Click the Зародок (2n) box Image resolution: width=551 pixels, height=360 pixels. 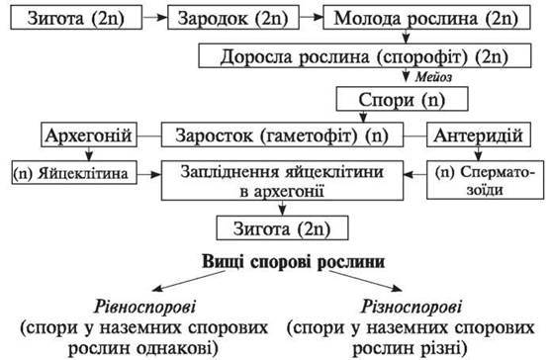pos(233,17)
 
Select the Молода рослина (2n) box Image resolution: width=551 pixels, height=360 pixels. pos(426,17)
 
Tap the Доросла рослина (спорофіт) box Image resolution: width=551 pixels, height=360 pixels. pos(365,55)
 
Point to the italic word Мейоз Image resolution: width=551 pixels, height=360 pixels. pos(433,77)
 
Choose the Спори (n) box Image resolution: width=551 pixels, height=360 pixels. pos(402,99)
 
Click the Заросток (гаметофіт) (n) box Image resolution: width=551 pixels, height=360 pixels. pos(282,135)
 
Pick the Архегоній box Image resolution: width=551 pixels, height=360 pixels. pos(89,135)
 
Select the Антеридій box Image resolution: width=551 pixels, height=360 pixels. pos(479,135)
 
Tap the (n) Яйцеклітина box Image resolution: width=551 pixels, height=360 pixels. pos(74,172)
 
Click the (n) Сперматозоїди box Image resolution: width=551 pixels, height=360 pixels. pos(485,180)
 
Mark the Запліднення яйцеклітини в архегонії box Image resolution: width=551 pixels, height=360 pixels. pos(282,181)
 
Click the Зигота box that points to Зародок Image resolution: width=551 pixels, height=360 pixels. pos(76,17)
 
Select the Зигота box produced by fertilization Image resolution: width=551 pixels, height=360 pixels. pos(282,227)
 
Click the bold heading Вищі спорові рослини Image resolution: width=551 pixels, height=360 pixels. pos(294,262)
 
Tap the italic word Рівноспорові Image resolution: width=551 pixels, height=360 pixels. pos(144,307)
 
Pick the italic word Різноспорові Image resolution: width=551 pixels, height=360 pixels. pos(412,307)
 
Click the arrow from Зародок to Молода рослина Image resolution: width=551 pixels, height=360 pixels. pos(311,17)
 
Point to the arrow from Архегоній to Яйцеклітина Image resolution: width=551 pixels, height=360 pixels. pos(89,154)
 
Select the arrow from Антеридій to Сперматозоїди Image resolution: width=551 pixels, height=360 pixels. pos(478,154)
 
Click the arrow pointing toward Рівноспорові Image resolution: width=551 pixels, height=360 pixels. pos(189,281)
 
